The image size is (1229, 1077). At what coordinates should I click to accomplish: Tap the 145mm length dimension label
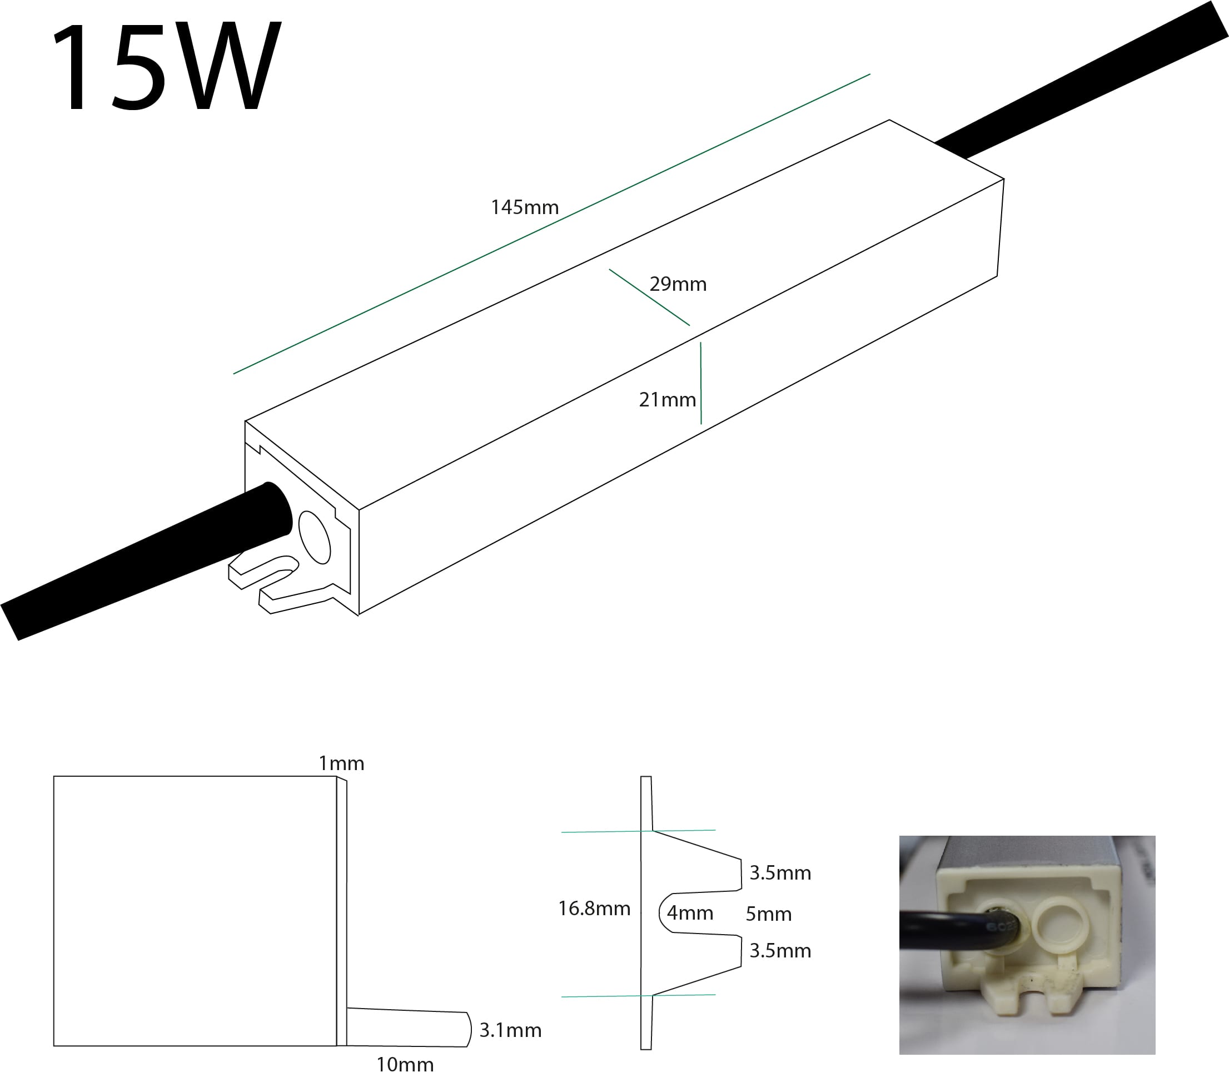(x=524, y=207)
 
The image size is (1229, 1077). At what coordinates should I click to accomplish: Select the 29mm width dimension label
(x=678, y=284)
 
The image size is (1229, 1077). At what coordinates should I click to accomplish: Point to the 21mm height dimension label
(x=667, y=400)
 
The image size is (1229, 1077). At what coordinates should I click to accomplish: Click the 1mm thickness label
(x=341, y=763)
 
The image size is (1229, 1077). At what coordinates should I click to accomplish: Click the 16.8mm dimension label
(x=594, y=908)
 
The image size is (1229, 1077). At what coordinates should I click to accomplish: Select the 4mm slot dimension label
(x=690, y=913)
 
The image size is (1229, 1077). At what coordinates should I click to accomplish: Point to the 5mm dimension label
(x=768, y=914)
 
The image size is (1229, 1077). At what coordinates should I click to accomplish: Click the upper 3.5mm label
(x=780, y=872)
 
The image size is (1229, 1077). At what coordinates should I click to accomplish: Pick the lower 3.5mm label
(x=780, y=950)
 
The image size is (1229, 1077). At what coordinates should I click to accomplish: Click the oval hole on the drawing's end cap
(x=315, y=537)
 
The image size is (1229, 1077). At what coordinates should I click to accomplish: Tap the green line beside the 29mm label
(x=649, y=297)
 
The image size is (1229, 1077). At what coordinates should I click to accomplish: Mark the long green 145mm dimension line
(x=551, y=224)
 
